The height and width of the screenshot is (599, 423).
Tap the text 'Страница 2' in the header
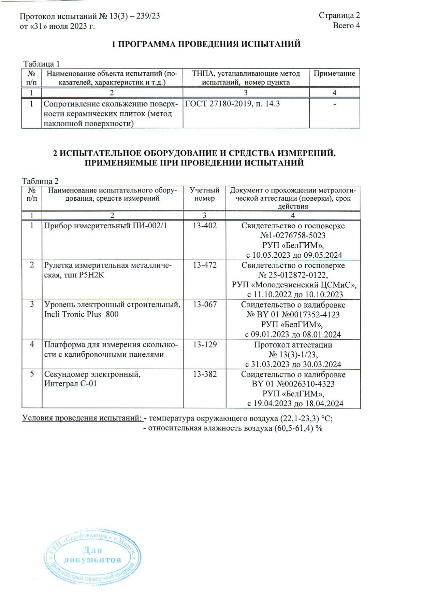(x=339, y=15)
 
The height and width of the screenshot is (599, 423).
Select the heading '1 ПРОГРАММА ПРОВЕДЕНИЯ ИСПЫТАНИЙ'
(x=206, y=44)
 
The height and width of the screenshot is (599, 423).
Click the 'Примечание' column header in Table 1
(x=334, y=73)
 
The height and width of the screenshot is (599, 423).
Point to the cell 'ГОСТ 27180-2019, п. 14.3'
(x=232, y=104)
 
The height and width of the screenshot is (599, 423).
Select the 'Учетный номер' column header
(x=204, y=194)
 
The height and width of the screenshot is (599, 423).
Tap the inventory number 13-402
(x=205, y=226)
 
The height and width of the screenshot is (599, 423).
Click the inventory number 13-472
(x=205, y=265)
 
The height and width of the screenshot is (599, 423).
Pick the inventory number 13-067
(x=205, y=304)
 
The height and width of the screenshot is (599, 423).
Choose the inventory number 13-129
(x=205, y=344)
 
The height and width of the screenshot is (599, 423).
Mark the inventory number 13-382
(x=205, y=374)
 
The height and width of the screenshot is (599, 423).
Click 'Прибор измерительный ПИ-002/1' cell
(x=105, y=226)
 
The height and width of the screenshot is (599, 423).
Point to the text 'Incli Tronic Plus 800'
(x=81, y=314)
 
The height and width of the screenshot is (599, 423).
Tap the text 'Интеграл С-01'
(x=70, y=384)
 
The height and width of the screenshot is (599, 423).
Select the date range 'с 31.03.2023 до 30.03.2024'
(x=293, y=364)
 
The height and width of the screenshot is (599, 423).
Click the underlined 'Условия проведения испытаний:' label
(x=82, y=418)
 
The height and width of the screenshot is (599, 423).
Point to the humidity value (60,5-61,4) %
(x=298, y=428)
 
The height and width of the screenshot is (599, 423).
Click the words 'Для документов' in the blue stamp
(x=92, y=555)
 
